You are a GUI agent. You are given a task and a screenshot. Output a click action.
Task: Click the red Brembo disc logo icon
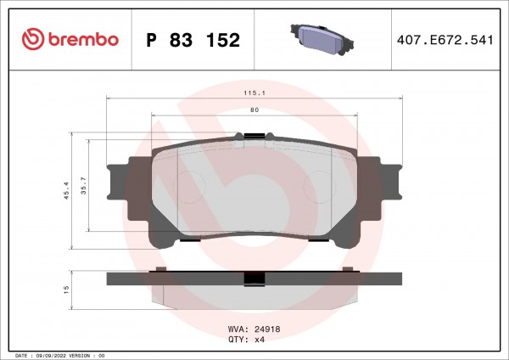[33, 39]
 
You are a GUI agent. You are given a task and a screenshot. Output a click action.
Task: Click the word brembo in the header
[83, 39]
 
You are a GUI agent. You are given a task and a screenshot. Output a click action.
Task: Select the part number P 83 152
[193, 40]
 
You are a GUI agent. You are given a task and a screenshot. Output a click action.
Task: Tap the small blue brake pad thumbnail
[322, 39]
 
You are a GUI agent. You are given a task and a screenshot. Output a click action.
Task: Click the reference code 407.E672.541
[445, 40]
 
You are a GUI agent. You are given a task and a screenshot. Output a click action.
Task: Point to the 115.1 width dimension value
[255, 93]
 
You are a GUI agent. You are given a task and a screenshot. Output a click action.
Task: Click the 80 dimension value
[255, 110]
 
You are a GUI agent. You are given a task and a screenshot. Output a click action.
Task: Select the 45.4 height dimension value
[66, 190]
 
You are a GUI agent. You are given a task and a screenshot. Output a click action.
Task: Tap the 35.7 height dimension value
[84, 186]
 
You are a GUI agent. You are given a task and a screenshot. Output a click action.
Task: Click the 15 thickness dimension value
[66, 290]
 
